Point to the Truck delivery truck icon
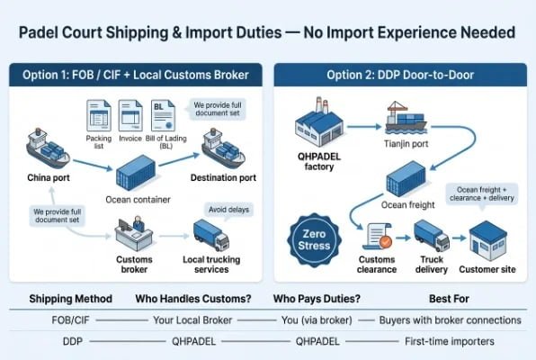point(431,237)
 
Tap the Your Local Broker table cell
point(192,320)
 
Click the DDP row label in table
point(72,342)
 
